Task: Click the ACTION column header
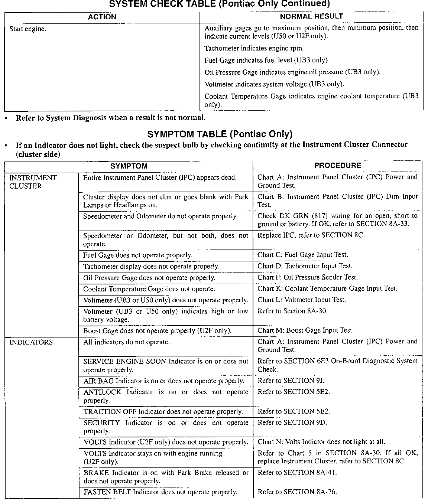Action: tap(102, 17)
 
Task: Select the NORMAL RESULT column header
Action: tap(311, 16)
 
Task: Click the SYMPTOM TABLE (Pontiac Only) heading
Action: tap(220, 134)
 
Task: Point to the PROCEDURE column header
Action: tap(337, 166)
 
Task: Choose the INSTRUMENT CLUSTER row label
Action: tap(33, 182)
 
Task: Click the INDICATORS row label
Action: tap(31, 342)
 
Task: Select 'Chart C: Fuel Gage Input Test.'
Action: tap(302, 255)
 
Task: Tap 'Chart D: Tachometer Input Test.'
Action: tap(305, 266)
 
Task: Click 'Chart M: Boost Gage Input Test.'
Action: tap(305, 330)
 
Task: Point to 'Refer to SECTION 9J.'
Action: tap(291, 381)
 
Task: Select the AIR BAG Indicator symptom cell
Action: tap(163, 381)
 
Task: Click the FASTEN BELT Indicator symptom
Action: tap(160, 492)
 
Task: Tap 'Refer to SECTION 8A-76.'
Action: tap(297, 492)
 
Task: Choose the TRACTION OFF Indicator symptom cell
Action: tap(163, 411)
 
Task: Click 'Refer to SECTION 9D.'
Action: tap(292, 423)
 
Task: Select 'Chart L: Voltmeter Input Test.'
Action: tap(301, 300)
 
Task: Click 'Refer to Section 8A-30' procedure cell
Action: tap(292, 311)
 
